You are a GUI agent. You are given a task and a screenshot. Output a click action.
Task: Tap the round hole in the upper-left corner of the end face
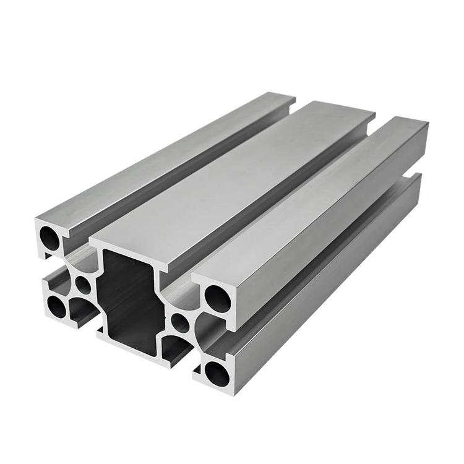pyautogui.click(x=49, y=237)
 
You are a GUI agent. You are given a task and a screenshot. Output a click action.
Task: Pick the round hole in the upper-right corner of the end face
pyautogui.click(x=216, y=298)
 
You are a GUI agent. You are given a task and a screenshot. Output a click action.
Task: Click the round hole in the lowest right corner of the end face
pyautogui.click(x=216, y=372)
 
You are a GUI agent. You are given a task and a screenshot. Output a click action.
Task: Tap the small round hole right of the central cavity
pyautogui.click(x=179, y=322)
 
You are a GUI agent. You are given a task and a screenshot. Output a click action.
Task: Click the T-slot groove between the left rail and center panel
pyautogui.click(x=186, y=173)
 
